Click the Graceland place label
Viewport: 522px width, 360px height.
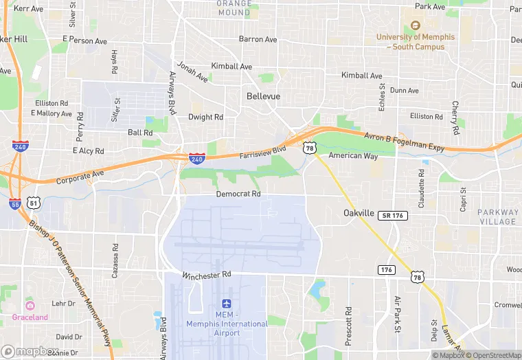coord(30,317)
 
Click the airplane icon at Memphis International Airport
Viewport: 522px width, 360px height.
coord(227,304)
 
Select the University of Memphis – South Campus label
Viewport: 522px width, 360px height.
coord(415,42)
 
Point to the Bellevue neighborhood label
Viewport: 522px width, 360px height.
coord(263,97)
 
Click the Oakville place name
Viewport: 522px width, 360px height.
coord(359,214)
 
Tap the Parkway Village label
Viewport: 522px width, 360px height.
coord(498,217)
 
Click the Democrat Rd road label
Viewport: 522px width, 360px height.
coord(238,194)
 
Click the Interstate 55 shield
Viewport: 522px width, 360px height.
coord(15,205)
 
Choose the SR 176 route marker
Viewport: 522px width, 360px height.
coord(393,216)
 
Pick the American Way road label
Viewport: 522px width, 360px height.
coord(353,156)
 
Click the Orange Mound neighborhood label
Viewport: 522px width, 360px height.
coord(234,8)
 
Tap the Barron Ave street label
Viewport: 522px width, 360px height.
coord(258,39)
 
